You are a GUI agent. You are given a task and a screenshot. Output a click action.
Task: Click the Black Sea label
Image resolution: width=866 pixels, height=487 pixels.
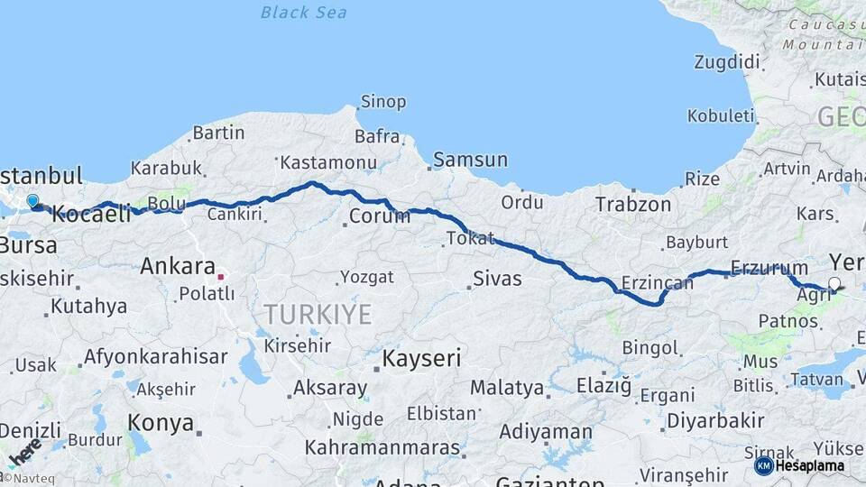pyautogui.click(x=303, y=12)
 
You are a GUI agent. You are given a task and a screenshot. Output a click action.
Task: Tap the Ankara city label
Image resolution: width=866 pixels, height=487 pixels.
pyautogui.click(x=177, y=266)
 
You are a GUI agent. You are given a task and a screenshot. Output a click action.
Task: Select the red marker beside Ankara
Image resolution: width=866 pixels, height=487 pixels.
pyautogui.click(x=220, y=275)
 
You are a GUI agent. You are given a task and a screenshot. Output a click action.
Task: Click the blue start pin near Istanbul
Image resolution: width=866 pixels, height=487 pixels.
pyautogui.click(x=32, y=201)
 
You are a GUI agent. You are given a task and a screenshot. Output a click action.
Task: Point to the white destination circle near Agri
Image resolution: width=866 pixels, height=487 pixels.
pyautogui.click(x=834, y=284)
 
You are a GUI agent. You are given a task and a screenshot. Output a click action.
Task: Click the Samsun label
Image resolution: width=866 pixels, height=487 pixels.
pyautogui.click(x=470, y=160)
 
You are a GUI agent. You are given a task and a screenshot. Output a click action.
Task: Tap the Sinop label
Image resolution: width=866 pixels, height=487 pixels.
pyautogui.click(x=383, y=102)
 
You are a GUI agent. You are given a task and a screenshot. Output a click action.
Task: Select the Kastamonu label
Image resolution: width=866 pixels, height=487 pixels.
pyautogui.click(x=327, y=163)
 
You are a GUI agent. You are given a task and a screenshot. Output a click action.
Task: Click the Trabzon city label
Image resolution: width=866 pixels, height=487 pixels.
pyautogui.click(x=633, y=205)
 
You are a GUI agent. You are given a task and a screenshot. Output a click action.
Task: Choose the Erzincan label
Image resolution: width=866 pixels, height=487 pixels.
pyautogui.click(x=657, y=283)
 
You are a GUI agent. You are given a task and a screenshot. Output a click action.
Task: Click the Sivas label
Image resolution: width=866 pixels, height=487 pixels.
pyautogui.click(x=498, y=278)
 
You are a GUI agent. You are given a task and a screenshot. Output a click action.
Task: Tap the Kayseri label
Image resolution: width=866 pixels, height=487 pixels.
pyautogui.click(x=421, y=358)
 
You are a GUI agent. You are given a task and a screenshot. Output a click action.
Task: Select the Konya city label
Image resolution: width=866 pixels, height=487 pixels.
pyautogui.click(x=161, y=422)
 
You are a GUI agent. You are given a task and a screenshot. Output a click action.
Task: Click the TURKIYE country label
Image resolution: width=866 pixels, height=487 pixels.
pyautogui.click(x=317, y=314)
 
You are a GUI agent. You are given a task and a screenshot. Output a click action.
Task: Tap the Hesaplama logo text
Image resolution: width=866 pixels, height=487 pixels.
pyautogui.click(x=811, y=466)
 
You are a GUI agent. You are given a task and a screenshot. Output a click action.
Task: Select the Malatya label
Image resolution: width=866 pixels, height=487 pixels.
pyautogui.click(x=508, y=389)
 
